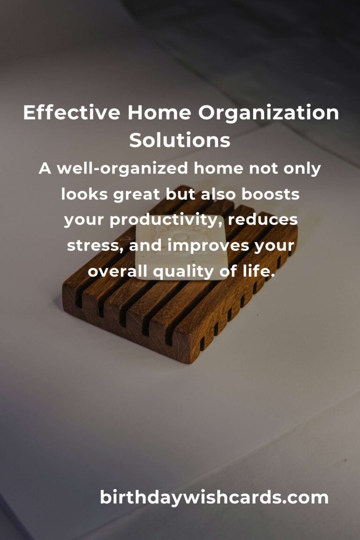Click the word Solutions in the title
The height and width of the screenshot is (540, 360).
click(180, 140)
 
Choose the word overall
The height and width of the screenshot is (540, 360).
click(117, 271)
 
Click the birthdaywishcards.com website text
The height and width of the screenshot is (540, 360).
click(214, 497)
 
